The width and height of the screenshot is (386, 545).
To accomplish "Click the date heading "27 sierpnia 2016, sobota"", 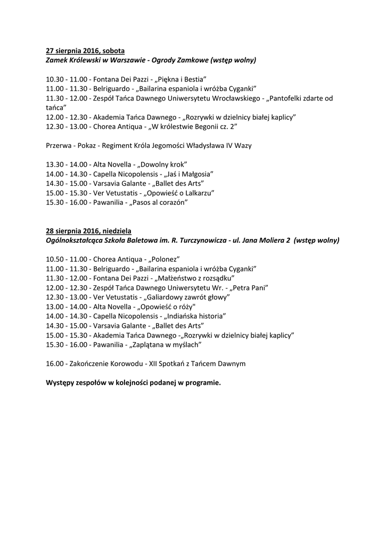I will [x=85, y=51].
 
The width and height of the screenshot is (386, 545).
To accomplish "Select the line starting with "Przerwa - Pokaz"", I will [x=149, y=145].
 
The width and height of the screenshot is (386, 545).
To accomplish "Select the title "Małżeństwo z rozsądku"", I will [x=194, y=278].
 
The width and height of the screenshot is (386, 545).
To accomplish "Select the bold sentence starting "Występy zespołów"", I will [x=133, y=383].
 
